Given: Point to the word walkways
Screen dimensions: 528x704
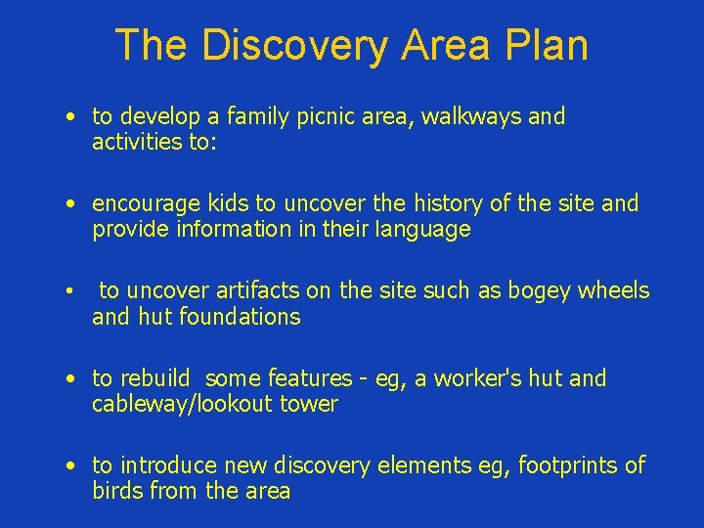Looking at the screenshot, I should point(473,117).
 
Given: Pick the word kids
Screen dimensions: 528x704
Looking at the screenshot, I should point(227,203).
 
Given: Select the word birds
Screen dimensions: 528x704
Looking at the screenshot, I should point(118,491).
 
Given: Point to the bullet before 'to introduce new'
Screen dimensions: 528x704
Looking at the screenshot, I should point(72,466).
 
